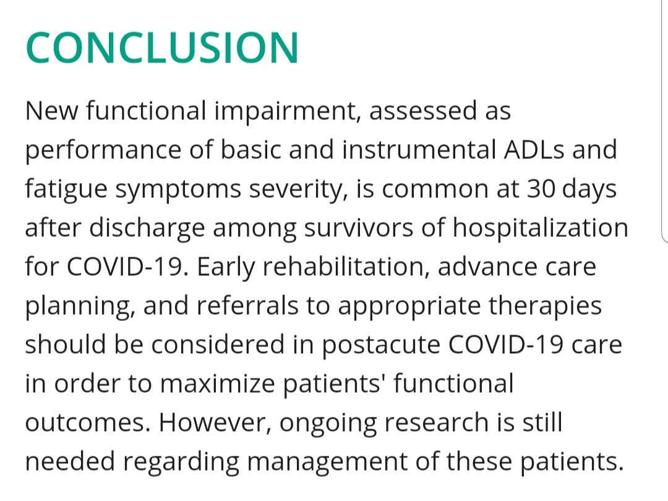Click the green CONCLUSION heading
(x=162, y=48)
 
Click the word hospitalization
(x=540, y=228)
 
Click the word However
(x=213, y=423)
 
